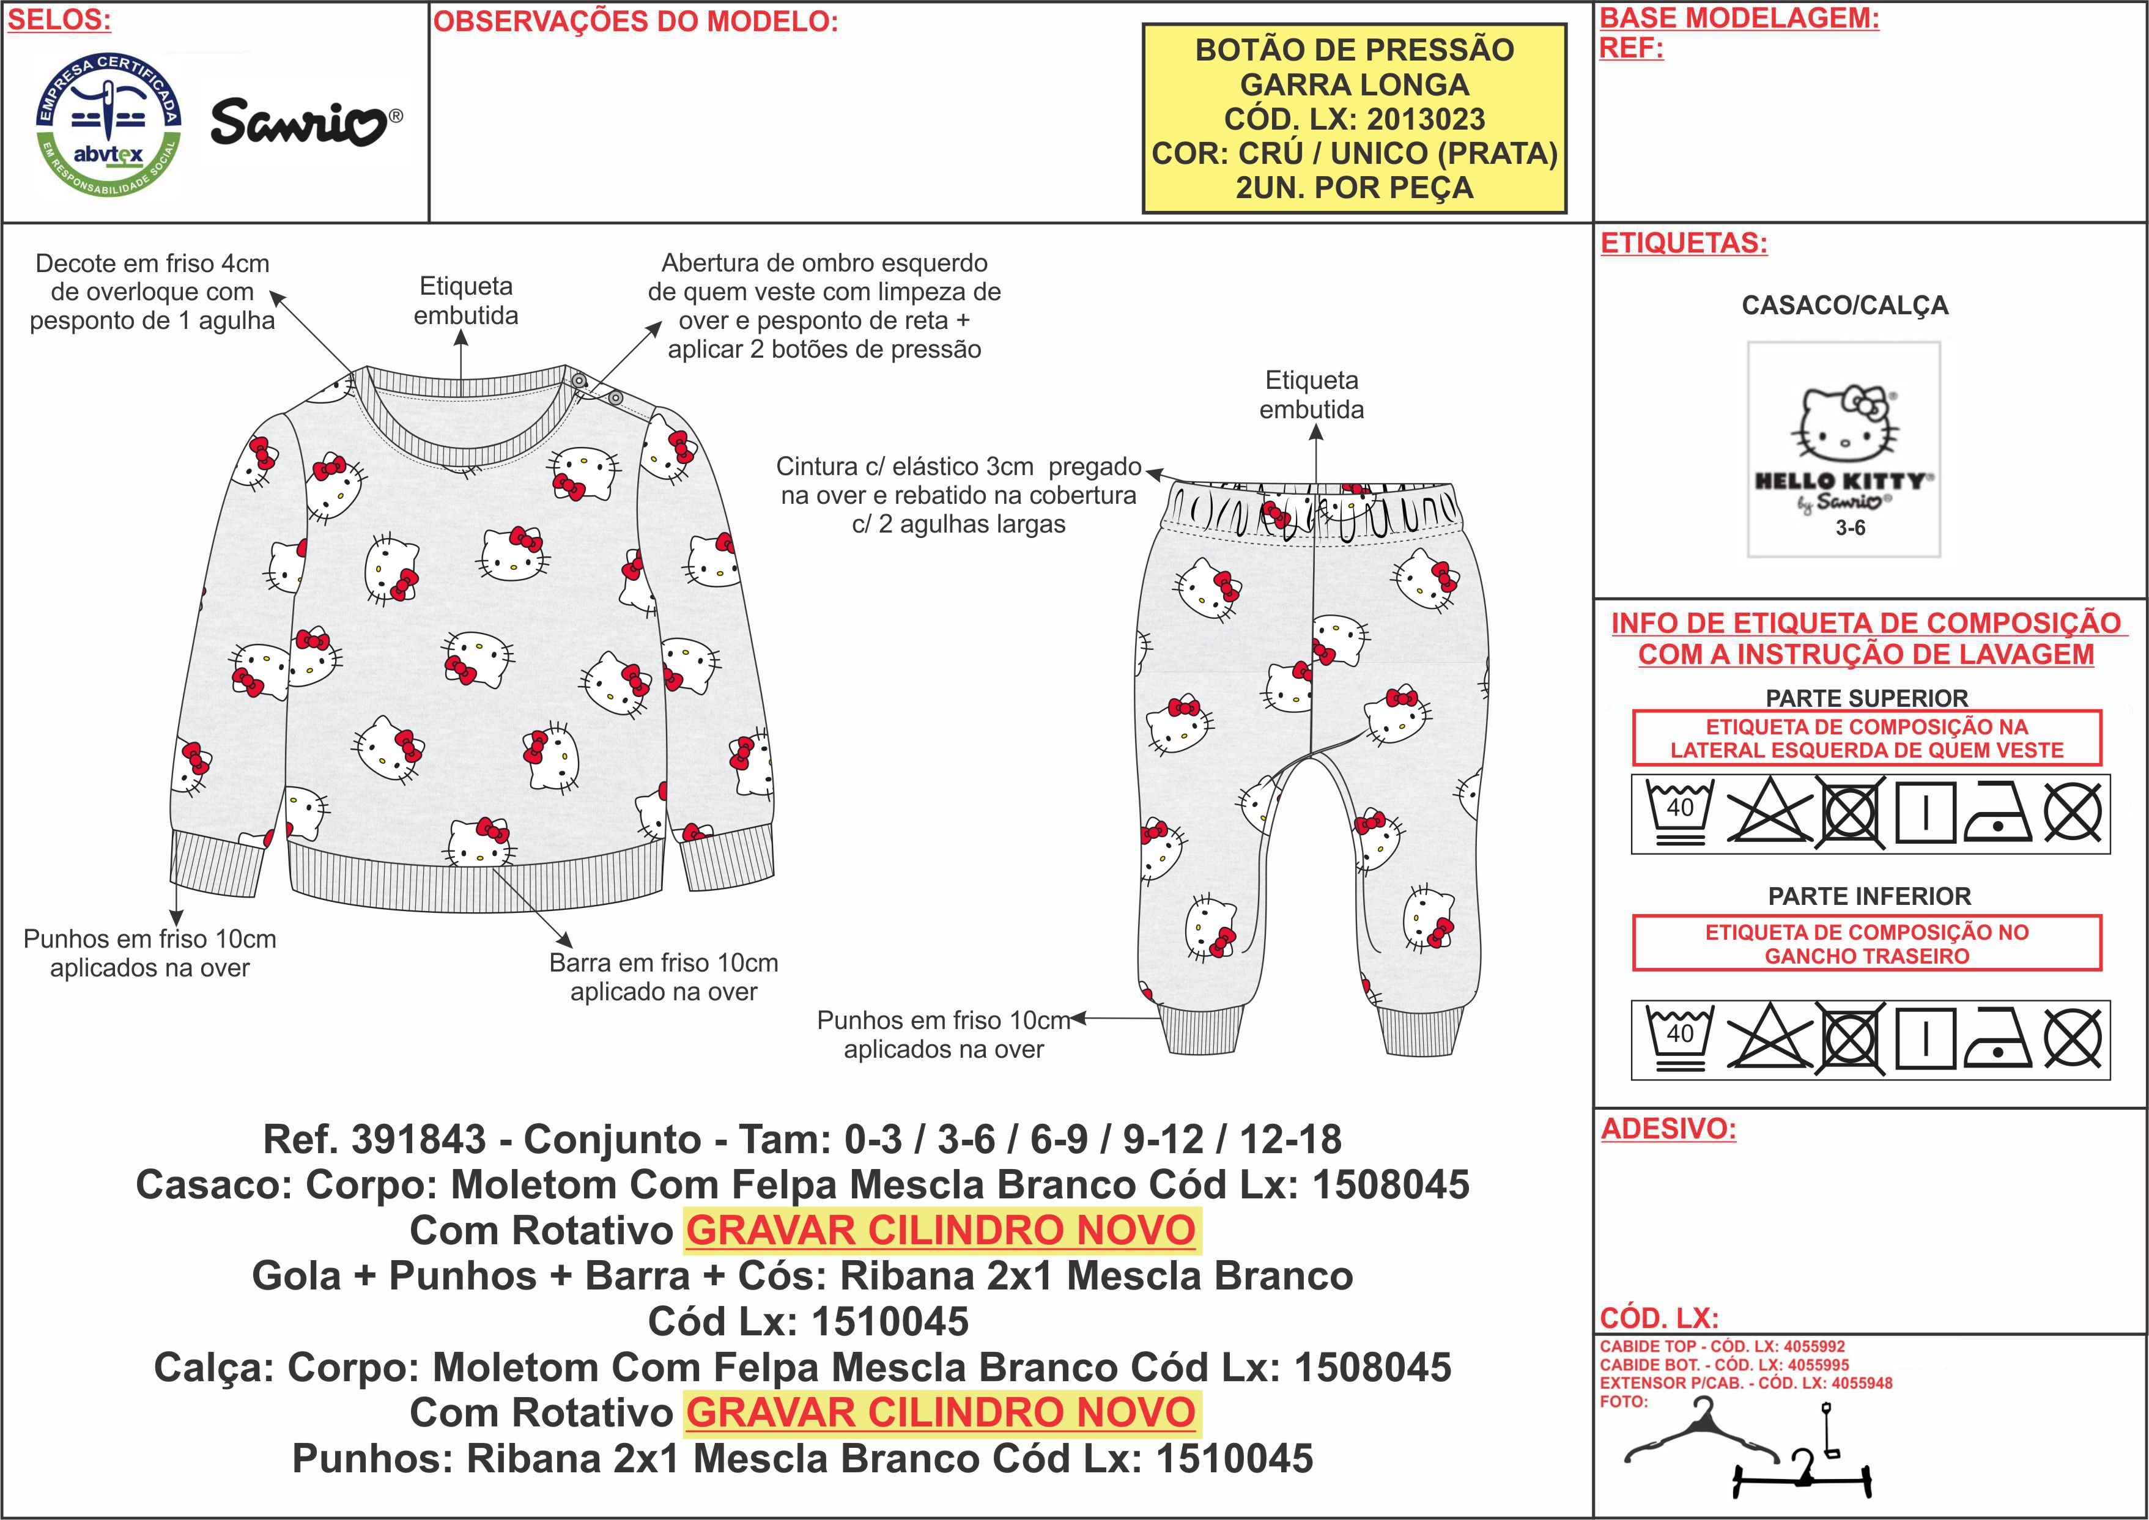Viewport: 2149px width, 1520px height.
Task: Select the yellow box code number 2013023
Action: tap(1426, 119)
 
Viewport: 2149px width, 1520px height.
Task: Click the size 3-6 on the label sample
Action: tap(1849, 528)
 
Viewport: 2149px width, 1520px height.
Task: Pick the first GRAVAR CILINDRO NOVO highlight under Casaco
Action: tap(942, 1230)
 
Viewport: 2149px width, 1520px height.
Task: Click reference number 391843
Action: tap(418, 1139)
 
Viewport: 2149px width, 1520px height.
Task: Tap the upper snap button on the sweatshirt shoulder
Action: tap(579, 381)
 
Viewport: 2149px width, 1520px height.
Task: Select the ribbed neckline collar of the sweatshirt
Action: tap(460, 421)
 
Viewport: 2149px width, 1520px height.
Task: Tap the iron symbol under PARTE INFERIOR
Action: tap(1997, 1039)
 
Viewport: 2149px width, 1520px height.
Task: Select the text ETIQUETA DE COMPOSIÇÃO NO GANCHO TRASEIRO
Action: tap(1866, 943)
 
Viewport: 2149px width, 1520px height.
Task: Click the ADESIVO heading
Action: tap(1668, 1129)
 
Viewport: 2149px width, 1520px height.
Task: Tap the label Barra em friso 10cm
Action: tap(663, 962)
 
